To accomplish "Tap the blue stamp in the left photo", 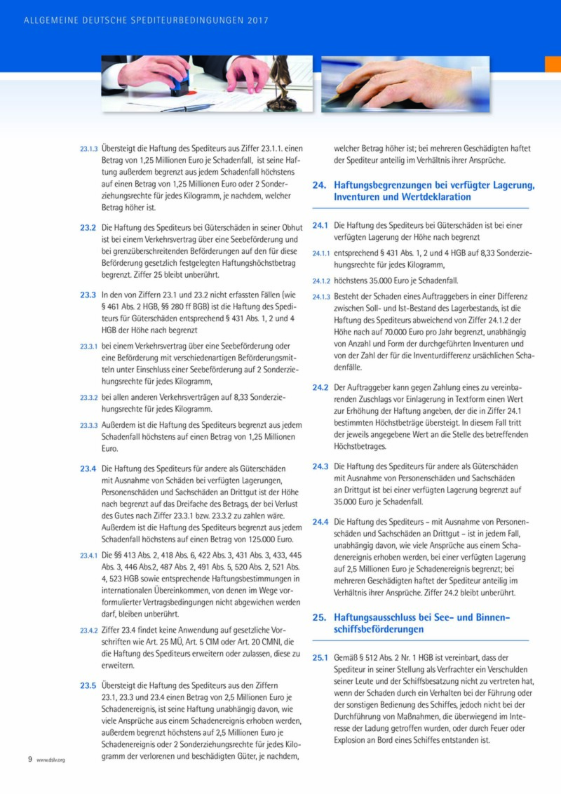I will [x=180, y=86].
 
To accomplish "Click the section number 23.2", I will [x=88, y=228].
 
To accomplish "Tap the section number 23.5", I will [x=88, y=685].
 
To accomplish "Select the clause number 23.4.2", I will [x=88, y=630].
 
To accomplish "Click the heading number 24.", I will [x=319, y=186].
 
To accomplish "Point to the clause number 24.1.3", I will [x=321, y=297].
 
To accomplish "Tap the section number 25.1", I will [x=320, y=658].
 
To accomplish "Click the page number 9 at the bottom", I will [x=29, y=759].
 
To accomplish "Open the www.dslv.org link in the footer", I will [x=50, y=760].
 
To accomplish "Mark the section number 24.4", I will [x=320, y=521].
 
